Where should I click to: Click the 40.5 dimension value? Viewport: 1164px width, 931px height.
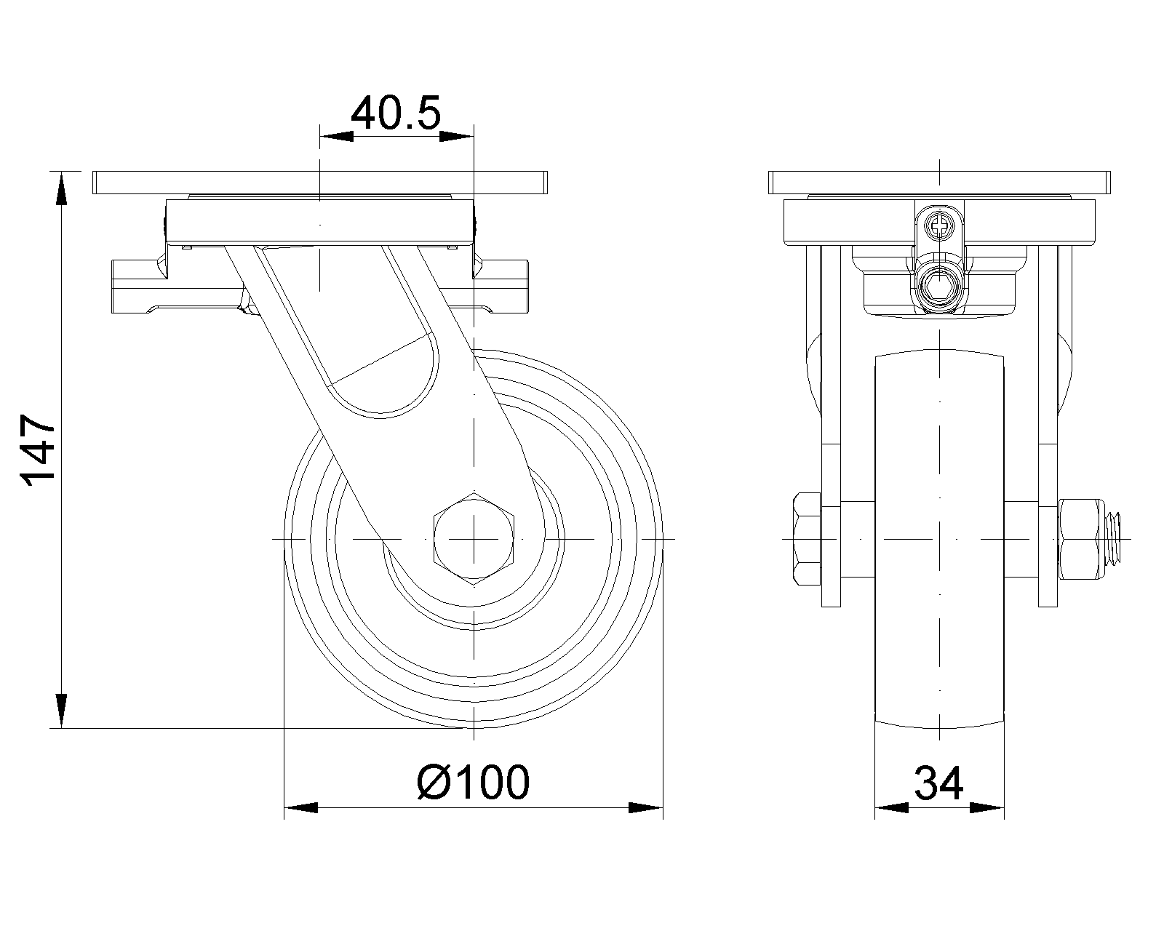coord(396,113)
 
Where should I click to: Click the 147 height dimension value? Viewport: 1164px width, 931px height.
coord(37,450)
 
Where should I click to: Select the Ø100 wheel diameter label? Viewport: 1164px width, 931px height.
coord(474,782)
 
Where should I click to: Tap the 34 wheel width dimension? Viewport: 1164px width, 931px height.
coord(938,782)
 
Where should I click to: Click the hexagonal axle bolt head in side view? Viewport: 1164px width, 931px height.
coord(474,539)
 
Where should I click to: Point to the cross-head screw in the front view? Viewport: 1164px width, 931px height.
coord(939,225)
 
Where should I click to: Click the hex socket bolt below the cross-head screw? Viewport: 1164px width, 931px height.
coord(939,287)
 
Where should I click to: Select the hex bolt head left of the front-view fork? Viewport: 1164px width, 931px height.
coord(808,539)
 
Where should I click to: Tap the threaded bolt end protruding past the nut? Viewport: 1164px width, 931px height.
coord(1110,539)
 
